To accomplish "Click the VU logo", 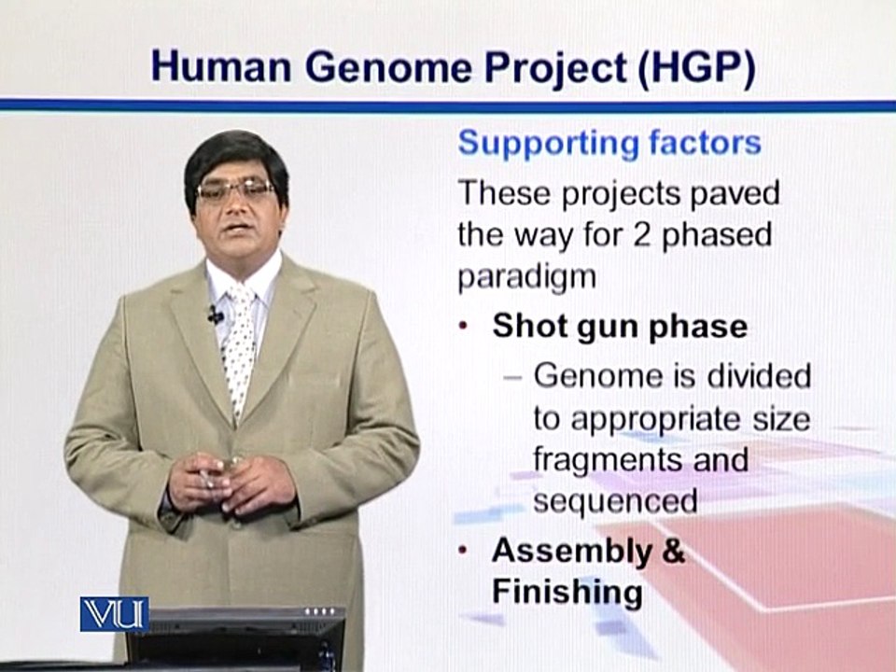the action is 114,614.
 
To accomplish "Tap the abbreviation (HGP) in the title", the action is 696,68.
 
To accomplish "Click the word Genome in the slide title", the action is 392,67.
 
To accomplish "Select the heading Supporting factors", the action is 609,144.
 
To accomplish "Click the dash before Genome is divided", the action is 513,378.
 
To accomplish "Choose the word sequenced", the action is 615,501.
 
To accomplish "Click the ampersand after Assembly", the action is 672,551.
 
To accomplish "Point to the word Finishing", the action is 567,593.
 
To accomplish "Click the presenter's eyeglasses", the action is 235,189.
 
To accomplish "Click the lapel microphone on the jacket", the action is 216,315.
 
